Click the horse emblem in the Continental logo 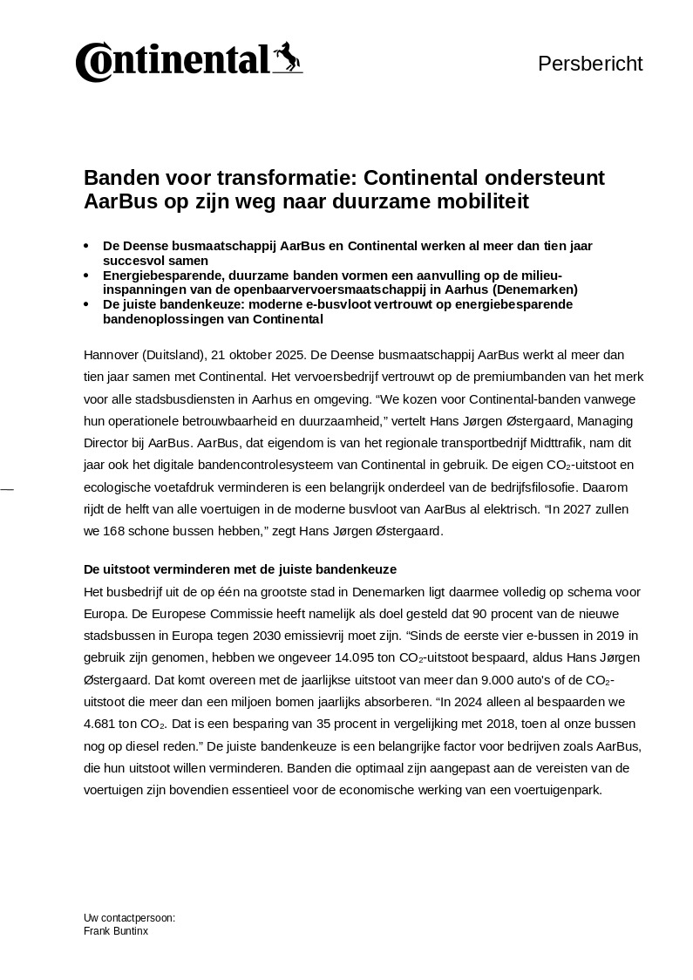[287, 58]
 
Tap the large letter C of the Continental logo [91, 63]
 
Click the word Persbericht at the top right [590, 64]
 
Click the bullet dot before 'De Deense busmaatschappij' [85, 247]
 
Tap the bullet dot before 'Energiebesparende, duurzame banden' [85, 276]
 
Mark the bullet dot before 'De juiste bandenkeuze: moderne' [85, 304]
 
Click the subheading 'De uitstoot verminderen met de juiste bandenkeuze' [240, 569]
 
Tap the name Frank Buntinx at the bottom [116, 931]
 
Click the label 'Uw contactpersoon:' [129, 918]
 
